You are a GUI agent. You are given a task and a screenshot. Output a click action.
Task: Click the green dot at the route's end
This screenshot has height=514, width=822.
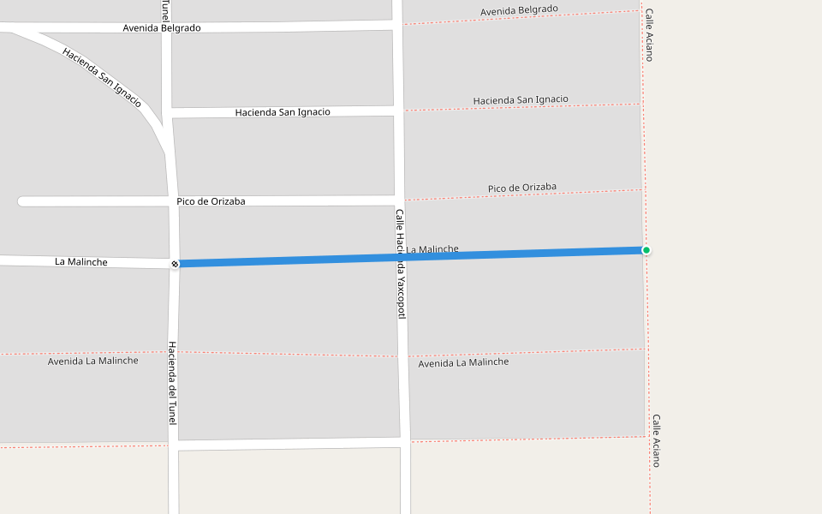tap(646, 250)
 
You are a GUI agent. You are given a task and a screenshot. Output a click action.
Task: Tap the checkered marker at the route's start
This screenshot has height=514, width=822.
tap(175, 263)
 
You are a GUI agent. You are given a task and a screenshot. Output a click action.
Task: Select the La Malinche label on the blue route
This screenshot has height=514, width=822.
tap(432, 249)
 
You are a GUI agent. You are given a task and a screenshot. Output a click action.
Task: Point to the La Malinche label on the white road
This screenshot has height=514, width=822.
tap(81, 261)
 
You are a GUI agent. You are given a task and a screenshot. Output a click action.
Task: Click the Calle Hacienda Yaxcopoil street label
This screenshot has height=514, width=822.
tap(400, 264)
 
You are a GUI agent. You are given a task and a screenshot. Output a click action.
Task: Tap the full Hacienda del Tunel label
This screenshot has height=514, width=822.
tap(172, 383)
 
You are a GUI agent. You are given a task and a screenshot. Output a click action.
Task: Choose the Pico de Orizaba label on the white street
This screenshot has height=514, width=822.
tap(211, 201)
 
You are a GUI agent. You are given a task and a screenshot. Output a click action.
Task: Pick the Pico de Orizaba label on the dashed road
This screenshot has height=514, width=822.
tap(522, 188)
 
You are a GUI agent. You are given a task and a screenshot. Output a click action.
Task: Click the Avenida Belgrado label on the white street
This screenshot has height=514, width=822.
tap(162, 27)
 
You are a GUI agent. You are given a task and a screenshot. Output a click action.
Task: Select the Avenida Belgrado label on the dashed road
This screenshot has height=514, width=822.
tap(519, 10)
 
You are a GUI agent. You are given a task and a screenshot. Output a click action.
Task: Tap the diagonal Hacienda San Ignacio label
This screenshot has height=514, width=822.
tap(102, 76)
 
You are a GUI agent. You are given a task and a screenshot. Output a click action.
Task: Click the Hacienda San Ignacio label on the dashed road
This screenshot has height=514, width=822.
tap(521, 100)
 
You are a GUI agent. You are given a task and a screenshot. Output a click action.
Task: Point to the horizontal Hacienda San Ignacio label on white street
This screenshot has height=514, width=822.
tap(283, 112)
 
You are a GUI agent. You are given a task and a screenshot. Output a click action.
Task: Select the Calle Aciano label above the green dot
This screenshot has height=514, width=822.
tap(649, 35)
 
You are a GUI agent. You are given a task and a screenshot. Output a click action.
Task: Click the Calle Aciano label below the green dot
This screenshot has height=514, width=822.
tap(656, 440)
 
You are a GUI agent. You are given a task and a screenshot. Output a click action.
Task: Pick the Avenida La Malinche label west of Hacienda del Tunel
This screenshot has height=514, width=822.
tap(92, 361)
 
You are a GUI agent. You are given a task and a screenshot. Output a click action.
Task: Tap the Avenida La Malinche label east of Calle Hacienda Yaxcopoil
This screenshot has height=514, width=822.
tap(463, 362)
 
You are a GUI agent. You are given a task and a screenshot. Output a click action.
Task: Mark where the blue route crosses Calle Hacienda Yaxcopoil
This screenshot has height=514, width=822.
tap(399, 256)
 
